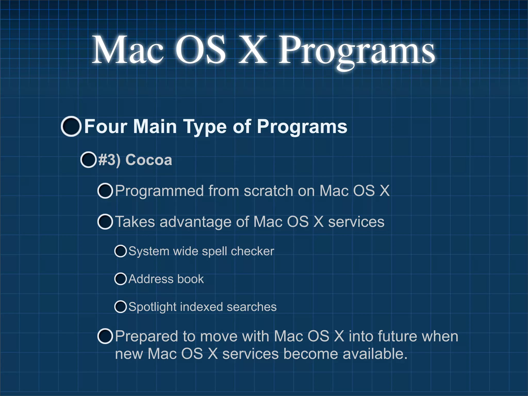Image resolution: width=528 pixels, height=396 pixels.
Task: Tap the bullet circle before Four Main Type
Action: (x=71, y=126)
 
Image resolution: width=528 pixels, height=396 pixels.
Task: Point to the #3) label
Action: (x=109, y=160)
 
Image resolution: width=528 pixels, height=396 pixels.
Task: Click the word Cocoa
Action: (x=148, y=160)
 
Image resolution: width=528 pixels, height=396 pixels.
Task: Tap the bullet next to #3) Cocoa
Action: (x=88, y=160)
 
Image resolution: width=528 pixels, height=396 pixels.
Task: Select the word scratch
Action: (x=268, y=191)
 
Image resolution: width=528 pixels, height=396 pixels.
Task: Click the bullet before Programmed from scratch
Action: (x=105, y=191)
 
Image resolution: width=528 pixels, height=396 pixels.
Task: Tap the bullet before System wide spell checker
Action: (x=120, y=251)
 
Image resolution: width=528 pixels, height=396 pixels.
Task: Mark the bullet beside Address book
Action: (x=120, y=279)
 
